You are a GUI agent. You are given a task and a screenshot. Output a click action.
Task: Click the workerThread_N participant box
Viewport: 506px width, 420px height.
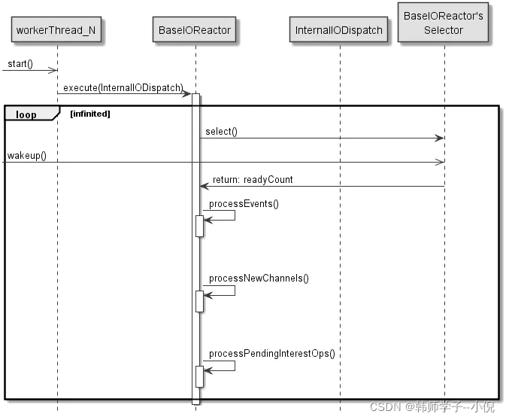point(57,30)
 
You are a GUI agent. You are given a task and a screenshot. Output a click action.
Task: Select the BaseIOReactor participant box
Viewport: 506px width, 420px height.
point(195,30)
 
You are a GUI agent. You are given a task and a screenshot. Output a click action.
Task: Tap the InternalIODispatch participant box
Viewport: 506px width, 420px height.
point(339,30)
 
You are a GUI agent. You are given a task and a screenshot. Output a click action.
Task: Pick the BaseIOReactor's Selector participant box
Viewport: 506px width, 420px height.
point(444,23)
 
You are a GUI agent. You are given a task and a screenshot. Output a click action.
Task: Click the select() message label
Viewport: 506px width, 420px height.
point(221,132)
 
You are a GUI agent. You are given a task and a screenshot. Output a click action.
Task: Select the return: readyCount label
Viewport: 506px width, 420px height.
point(253,180)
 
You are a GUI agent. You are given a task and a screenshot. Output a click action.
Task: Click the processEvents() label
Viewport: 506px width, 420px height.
point(244,204)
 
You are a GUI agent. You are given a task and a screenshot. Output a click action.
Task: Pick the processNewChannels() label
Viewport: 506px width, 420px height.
point(259,278)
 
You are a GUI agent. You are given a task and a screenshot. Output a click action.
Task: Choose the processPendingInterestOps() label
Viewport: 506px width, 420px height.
point(271,353)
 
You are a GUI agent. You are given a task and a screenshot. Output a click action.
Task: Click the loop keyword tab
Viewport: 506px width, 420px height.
point(26,114)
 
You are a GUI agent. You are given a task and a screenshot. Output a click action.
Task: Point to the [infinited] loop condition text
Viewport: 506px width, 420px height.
point(89,114)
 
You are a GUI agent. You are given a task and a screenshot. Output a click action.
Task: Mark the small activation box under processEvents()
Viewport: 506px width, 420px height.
point(200,225)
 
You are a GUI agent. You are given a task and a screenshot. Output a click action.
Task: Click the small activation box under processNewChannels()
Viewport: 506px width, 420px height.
point(200,300)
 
